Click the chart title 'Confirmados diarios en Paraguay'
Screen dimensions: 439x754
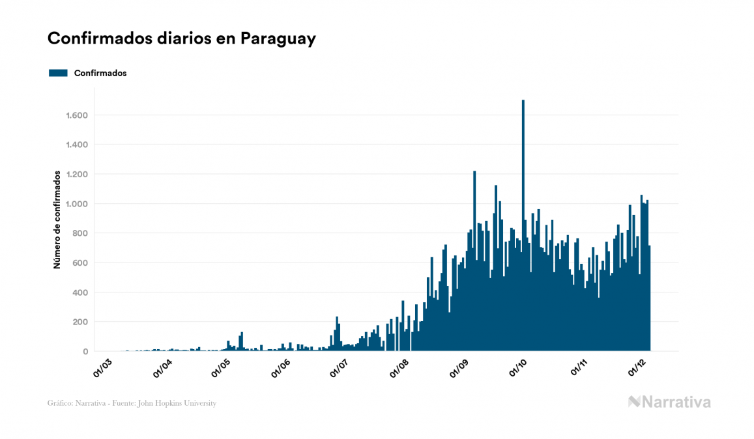(182, 38)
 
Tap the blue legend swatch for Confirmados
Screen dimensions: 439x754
(58, 73)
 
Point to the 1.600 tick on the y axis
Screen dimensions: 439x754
(77, 115)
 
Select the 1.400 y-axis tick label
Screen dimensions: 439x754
(77, 145)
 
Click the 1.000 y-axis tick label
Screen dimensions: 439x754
(77, 204)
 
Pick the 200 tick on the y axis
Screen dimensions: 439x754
(81, 322)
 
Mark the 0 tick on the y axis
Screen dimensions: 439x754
(85, 352)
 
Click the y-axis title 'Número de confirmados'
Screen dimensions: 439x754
(57, 219)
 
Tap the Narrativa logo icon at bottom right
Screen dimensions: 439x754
(634, 402)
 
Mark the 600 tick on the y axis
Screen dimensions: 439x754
(81, 262)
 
